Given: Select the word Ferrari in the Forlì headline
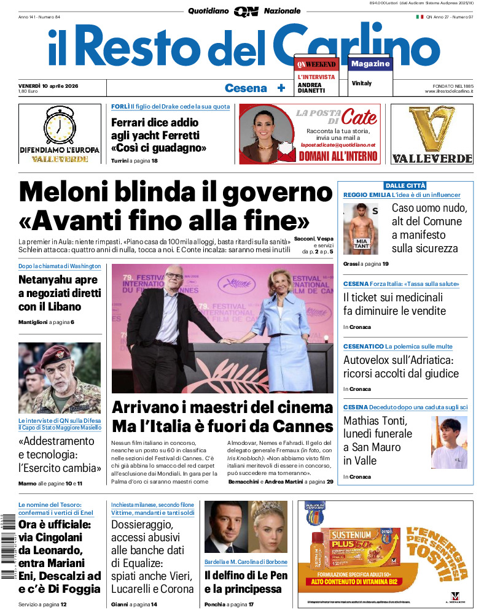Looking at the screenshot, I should pyautogui.click(x=131, y=122).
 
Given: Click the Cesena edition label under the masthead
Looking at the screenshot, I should pyautogui.click(x=246, y=88).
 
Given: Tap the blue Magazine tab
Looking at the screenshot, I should pyautogui.click(x=370, y=64).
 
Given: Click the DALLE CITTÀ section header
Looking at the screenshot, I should pyautogui.click(x=405, y=185).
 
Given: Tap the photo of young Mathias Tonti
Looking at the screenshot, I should pyautogui.click(x=449, y=442).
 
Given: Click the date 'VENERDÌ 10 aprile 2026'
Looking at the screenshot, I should pyautogui.click(x=52, y=85).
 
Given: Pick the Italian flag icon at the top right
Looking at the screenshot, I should pyautogui.click(x=420, y=17).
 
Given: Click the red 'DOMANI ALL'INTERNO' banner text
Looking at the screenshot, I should pyautogui.click(x=338, y=156).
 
